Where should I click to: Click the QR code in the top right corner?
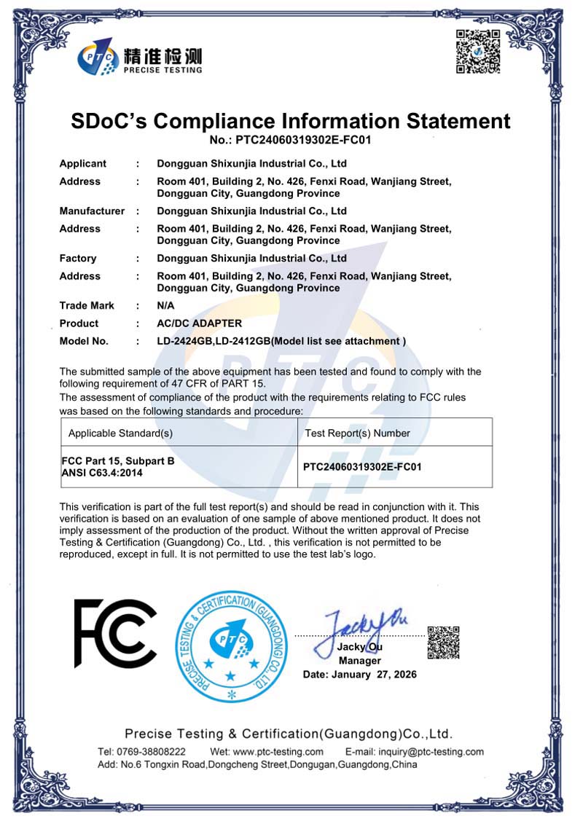pyautogui.click(x=478, y=51)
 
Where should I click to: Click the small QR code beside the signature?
pyautogui.click(x=442, y=642)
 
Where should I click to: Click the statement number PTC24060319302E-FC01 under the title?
pyautogui.click(x=291, y=140)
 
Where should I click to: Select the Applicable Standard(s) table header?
pyautogui.click(x=120, y=433)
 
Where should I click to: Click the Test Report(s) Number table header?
pyautogui.click(x=357, y=433)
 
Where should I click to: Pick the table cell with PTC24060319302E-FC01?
pyautogui.click(x=362, y=466)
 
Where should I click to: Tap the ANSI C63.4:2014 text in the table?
pyautogui.click(x=102, y=473)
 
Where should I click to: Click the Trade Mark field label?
pyautogui.click(x=87, y=305)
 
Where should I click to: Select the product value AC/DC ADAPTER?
pyautogui.click(x=199, y=323)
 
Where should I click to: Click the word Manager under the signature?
pyautogui.click(x=360, y=661)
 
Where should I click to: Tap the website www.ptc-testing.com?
pyautogui.click(x=278, y=752)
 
